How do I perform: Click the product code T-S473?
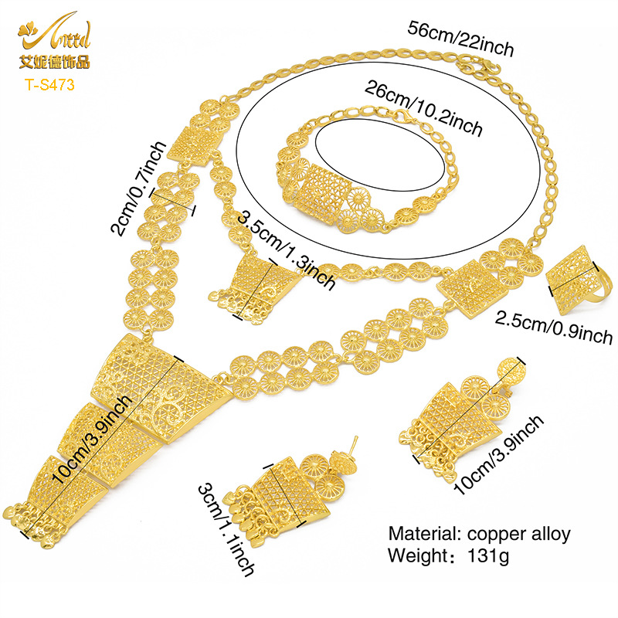point(50,84)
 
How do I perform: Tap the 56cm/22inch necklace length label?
point(460,39)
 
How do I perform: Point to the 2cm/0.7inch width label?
point(138,188)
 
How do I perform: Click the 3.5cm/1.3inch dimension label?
point(287,250)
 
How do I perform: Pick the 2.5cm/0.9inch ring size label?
point(554,327)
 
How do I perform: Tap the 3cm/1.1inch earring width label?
point(226,530)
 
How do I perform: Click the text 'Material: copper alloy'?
point(479,534)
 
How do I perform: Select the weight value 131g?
point(488,555)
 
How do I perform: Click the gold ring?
point(579,278)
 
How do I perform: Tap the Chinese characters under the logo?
point(54,62)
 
